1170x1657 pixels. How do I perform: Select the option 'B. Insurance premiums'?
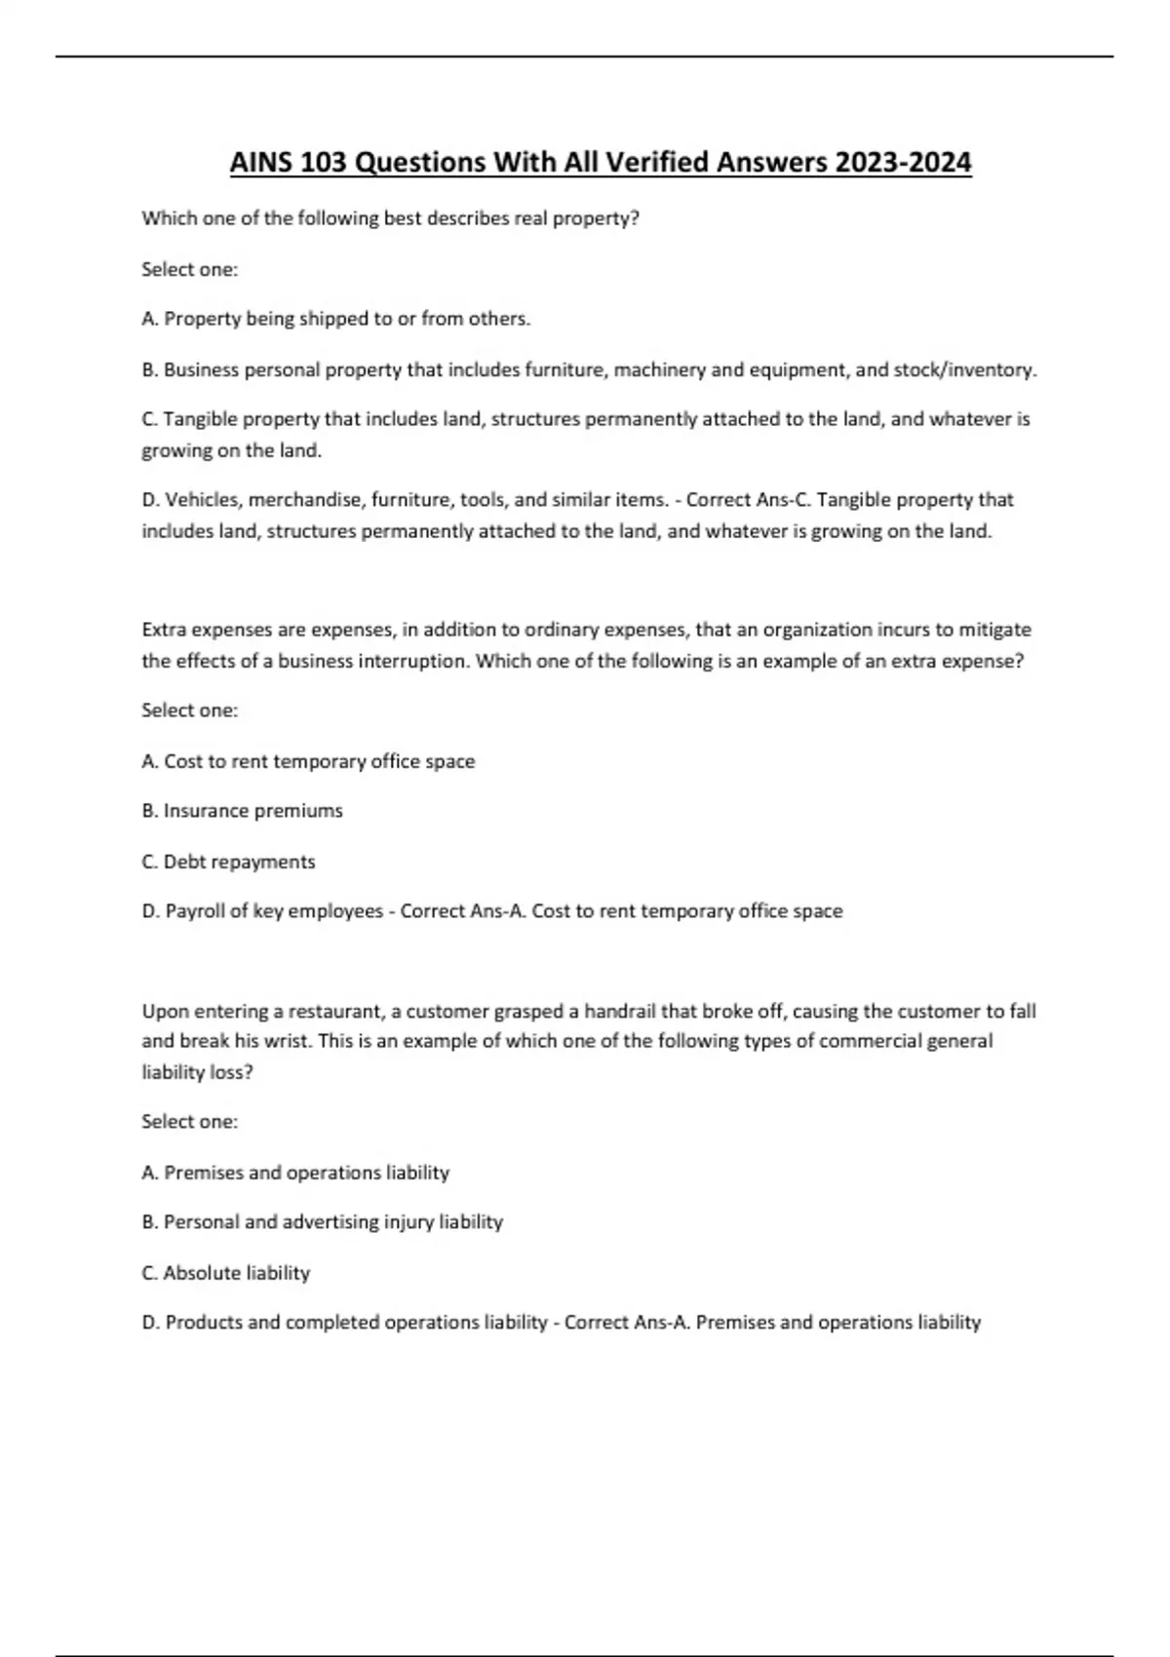(242, 811)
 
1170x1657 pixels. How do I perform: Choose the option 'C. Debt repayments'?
(228, 862)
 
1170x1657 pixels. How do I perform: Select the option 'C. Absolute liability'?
(225, 1273)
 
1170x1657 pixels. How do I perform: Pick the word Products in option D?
(204, 1323)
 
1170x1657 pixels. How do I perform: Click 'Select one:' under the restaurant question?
(189, 1122)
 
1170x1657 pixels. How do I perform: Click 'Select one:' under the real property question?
(189, 269)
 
